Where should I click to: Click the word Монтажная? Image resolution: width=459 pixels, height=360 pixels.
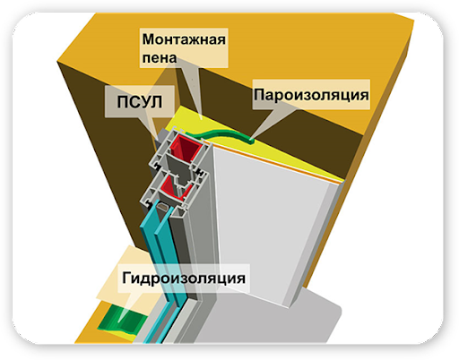[x=184, y=39]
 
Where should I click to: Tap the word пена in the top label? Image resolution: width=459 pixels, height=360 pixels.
[x=160, y=57]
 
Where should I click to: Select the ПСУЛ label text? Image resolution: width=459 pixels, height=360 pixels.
[x=140, y=102]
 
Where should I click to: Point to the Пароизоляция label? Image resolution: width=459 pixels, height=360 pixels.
[x=311, y=95]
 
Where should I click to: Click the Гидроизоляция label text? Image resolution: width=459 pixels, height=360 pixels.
[x=184, y=279]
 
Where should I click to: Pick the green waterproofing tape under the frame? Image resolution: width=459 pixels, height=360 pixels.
[x=123, y=320]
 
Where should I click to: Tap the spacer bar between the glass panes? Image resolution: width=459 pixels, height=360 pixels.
[x=163, y=206]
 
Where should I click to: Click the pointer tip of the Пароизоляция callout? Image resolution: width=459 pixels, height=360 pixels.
[x=250, y=140]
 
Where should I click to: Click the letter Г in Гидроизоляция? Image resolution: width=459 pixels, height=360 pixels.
[x=127, y=278]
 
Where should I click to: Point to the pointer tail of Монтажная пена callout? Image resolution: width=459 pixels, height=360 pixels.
[x=201, y=119]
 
